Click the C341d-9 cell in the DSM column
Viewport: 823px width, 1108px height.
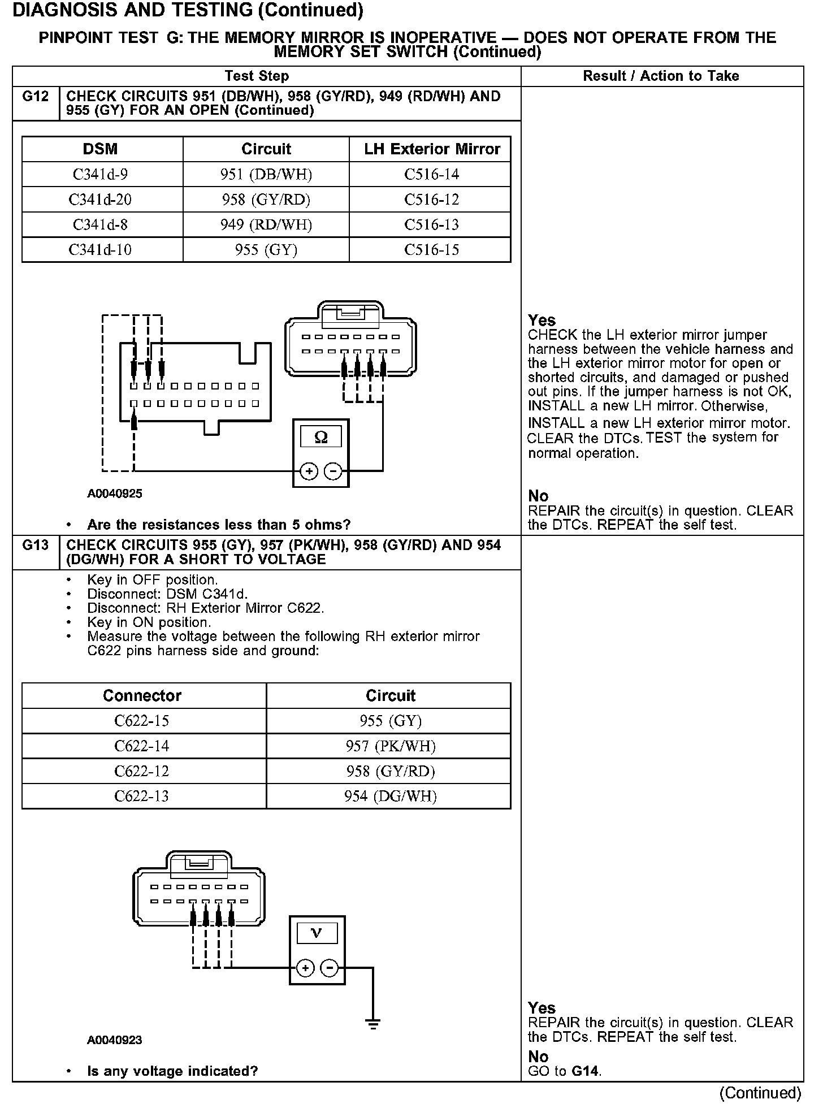[100, 174]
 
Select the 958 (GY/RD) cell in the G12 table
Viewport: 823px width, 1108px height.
[266, 200]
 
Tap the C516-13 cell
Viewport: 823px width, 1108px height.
[431, 224]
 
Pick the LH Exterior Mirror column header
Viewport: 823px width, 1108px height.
[432, 149]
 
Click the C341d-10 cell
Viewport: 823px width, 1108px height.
[100, 250]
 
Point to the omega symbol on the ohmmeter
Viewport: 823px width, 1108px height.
[320, 438]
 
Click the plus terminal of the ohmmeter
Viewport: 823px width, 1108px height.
[309, 471]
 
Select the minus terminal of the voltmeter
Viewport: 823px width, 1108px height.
[330, 968]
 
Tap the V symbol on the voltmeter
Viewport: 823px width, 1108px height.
[317, 933]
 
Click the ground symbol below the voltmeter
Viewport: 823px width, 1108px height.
[372, 1023]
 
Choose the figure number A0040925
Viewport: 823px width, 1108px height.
[115, 494]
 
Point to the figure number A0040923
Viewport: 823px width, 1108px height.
[115, 1040]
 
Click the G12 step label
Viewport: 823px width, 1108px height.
[36, 97]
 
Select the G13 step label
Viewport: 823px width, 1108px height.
[36, 546]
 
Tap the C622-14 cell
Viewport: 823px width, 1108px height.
[142, 746]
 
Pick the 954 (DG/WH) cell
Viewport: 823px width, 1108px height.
[391, 797]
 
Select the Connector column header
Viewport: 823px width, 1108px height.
[142, 695]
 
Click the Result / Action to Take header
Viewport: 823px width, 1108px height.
[661, 76]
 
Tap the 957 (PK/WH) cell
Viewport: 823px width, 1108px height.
[391, 746]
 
